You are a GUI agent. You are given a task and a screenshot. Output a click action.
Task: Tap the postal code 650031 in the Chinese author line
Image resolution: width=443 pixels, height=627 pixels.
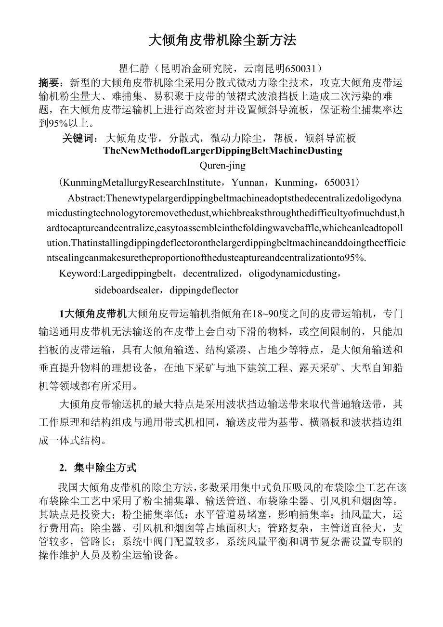click(x=302, y=69)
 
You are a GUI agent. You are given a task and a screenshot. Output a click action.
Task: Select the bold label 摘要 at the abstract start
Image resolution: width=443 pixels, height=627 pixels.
click(x=48, y=82)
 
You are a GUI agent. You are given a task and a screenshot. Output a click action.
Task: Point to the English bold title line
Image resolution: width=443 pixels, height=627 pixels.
click(x=222, y=151)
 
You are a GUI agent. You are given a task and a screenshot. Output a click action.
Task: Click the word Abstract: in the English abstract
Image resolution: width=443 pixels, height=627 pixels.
click(x=86, y=198)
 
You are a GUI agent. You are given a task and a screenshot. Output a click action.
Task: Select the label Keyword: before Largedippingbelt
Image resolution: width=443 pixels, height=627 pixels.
click(x=79, y=274)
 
